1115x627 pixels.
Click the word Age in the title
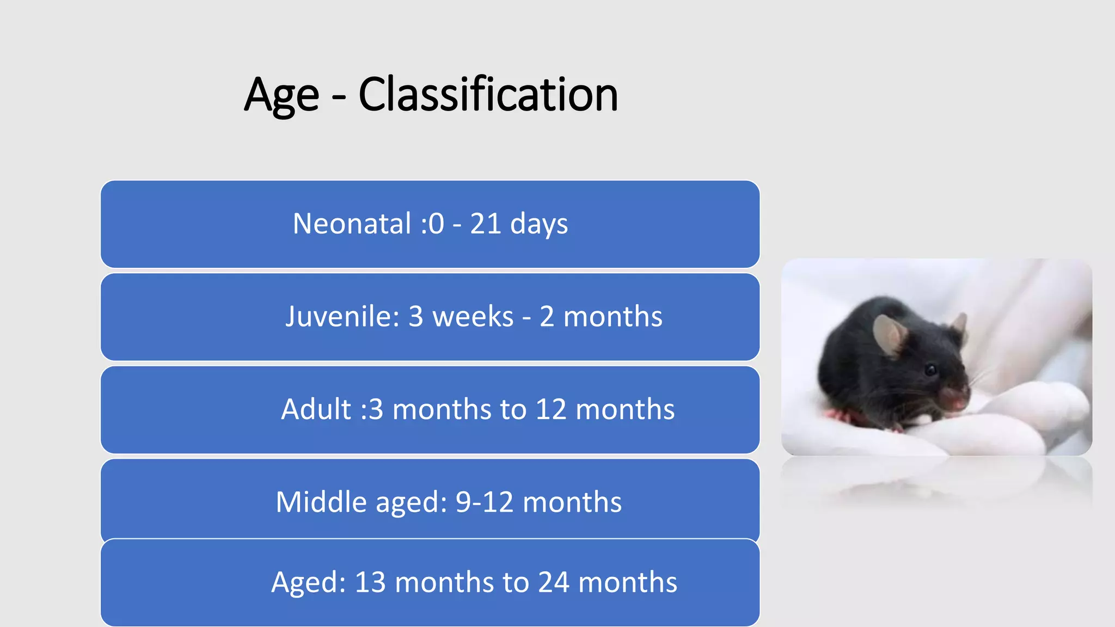(x=281, y=96)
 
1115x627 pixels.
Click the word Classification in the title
(x=488, y=95)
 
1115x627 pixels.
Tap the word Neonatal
(x=352, y=224)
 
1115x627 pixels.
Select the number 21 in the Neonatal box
(x=486, y=224)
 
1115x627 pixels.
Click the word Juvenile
(x=342, y=316)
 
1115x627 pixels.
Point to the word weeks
(x=473, y=316)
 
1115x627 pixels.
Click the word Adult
(x=316, y=409)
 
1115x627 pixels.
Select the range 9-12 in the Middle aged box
(x=484, y=502)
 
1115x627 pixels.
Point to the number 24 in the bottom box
(x=554, y=582)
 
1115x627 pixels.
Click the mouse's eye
(x=932, y=371)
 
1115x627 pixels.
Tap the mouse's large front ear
(x=890, y=334)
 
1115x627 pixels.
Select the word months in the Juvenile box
(x=612, y=316)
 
